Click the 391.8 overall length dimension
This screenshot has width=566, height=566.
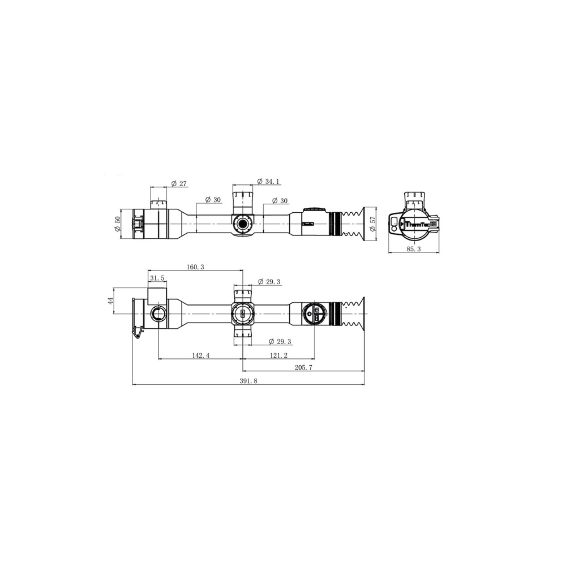click(248, 381)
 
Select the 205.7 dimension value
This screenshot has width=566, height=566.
click(303, 367)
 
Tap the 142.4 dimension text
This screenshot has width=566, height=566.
click(200, 355)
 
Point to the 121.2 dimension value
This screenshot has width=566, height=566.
click(278, 355)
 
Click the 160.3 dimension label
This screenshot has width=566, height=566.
click(195, 267)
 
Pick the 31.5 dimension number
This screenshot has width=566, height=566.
click(157, 278)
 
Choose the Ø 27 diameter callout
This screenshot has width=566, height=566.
click(179, 184)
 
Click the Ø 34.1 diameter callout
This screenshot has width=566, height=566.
click(268, 181)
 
